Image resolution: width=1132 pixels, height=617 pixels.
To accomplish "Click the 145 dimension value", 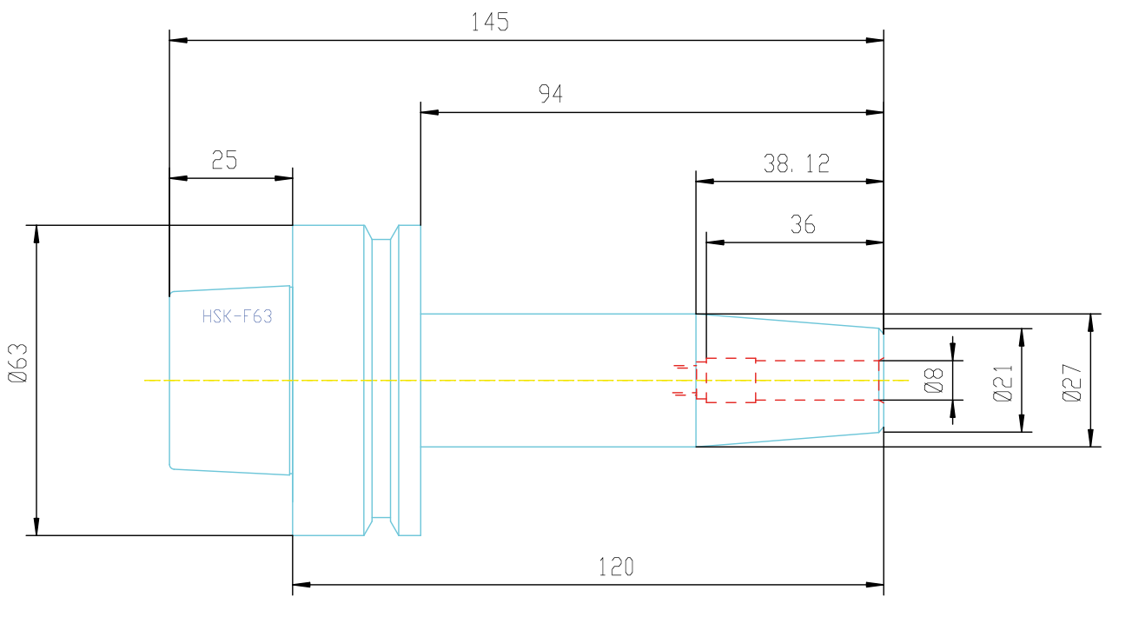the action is click(490, 23).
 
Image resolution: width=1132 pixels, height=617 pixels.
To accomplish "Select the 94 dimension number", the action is click(550, 94).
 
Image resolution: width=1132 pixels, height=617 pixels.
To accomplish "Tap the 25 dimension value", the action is click(224, 160).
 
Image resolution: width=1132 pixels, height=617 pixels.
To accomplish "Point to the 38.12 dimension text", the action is click(797, 163).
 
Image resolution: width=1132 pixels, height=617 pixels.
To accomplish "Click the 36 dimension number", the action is click(803, 224).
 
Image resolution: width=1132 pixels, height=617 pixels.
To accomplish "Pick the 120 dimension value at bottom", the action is click(616, 567).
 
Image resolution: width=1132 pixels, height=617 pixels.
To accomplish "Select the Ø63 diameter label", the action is click(18, 363).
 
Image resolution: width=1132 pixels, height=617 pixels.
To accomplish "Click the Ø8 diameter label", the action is click(933, 380).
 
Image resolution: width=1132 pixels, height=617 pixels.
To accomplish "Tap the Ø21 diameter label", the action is click(1003, 383).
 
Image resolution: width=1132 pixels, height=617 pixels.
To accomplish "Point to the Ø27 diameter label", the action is click(1072, 383).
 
